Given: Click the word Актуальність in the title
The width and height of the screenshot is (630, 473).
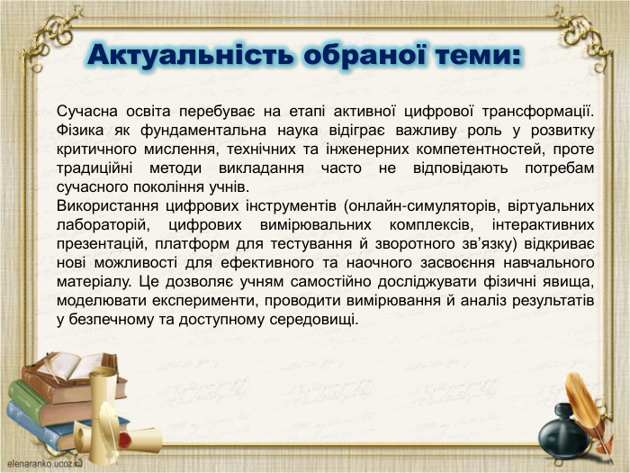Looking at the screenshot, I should (x=189, y=56).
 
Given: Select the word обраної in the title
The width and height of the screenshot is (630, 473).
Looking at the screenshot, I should (x=359, y=56).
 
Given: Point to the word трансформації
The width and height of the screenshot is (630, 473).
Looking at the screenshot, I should (x=539, y=112).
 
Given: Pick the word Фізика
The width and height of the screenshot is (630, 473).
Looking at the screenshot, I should (x=81, y=131).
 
